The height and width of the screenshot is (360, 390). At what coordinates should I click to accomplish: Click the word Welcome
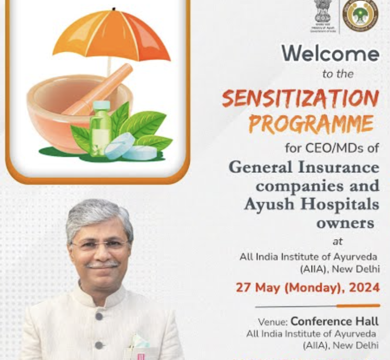coord(330,54)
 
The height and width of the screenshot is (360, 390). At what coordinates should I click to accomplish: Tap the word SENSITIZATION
coord(300,99)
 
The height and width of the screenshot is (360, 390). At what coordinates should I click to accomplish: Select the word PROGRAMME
coord(311,124)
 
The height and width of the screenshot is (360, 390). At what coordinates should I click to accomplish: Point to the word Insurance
coord(342,167)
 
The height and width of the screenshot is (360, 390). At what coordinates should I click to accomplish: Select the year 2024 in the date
coord(364,287)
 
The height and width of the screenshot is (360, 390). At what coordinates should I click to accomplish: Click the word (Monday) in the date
coord(312,287)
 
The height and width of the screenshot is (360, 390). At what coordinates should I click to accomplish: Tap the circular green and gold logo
coord(360,15)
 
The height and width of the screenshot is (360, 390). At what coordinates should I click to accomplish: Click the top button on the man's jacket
coord(99,316)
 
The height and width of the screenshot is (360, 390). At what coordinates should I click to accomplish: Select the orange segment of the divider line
coord(358,306)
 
